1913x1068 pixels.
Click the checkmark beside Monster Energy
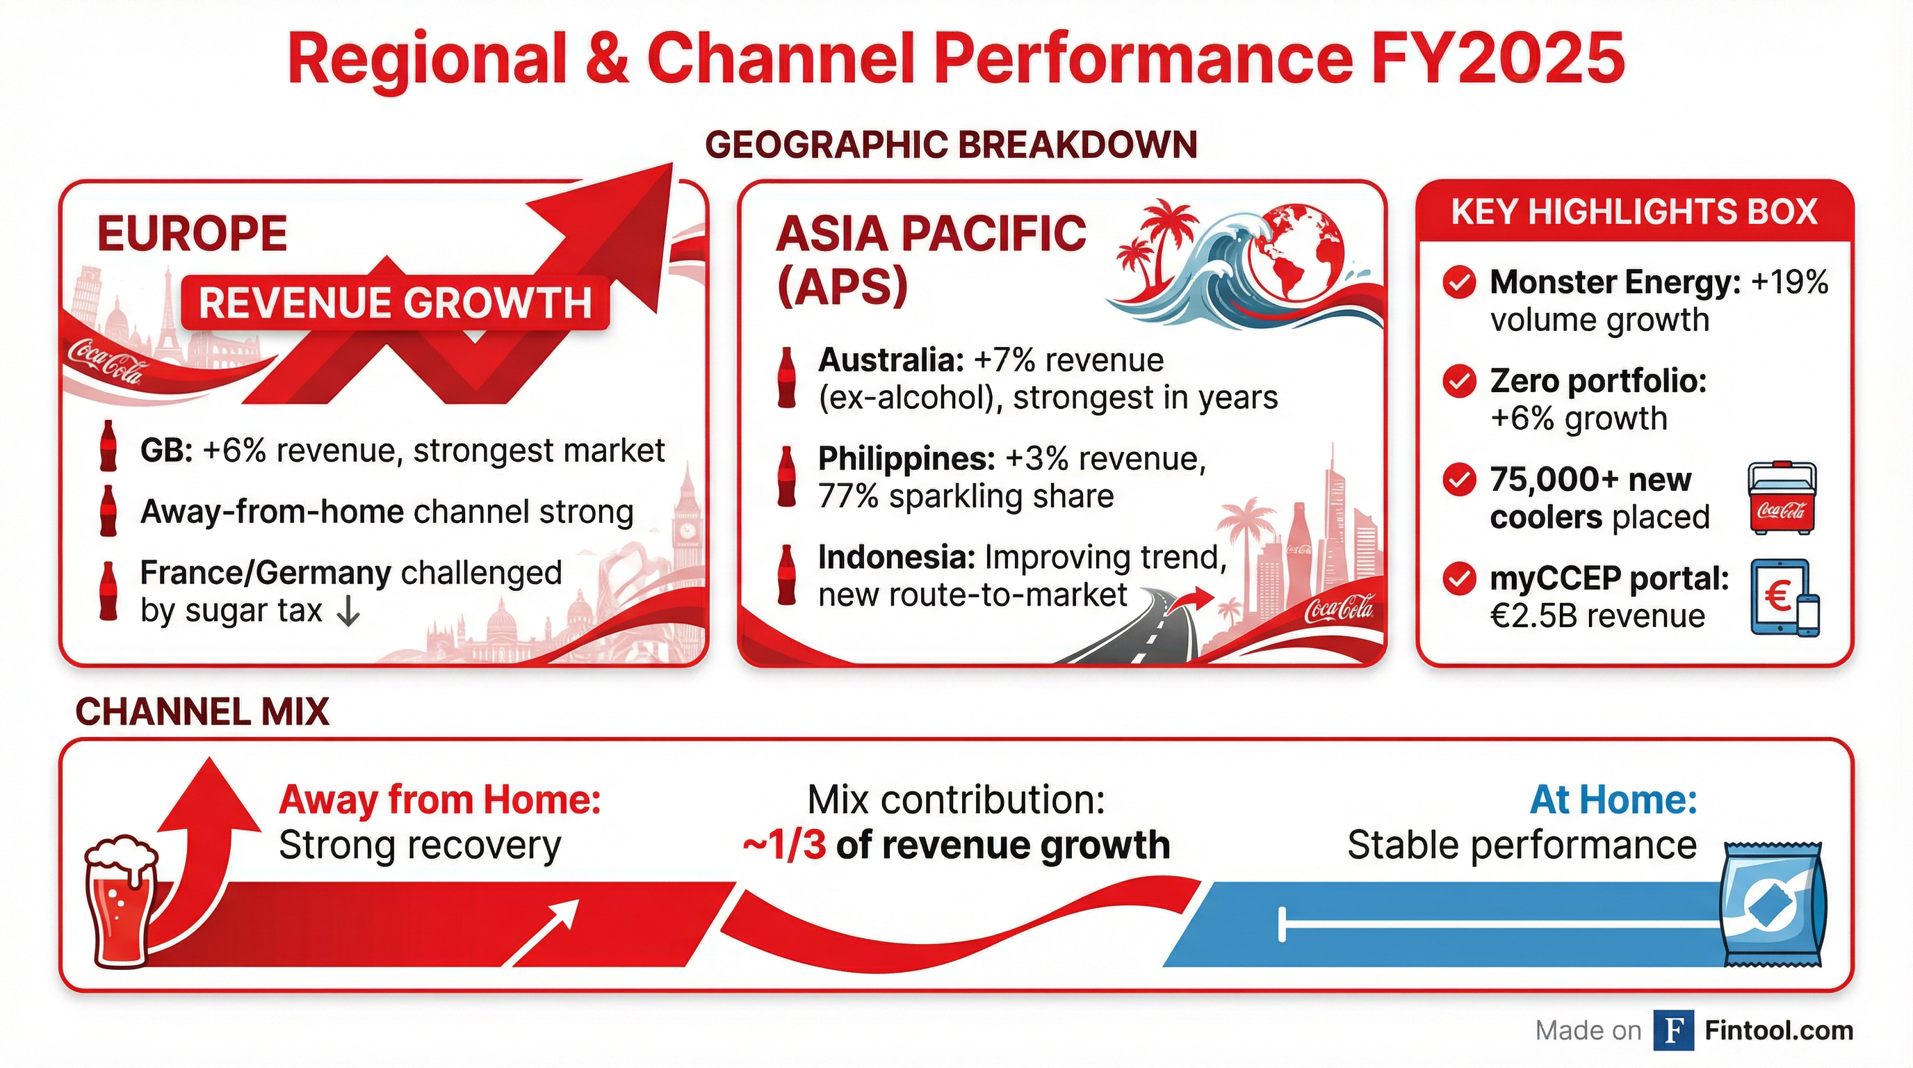point(1458,283)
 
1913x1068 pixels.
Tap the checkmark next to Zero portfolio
point(1458,382)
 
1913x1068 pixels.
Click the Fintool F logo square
point(1673,1031)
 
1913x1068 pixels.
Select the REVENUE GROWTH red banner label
point(395,303)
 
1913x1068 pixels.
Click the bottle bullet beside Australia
point(786,378)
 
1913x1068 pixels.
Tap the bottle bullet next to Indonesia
point(786,575)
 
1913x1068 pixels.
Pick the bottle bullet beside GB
point(108,446)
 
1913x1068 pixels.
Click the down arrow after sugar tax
point(348,611)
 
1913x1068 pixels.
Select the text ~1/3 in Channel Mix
point(784,845)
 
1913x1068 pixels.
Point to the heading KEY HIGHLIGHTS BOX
point(1634,212)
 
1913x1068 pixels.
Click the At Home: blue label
point(1613,800)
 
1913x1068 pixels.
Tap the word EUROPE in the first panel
point(193,233)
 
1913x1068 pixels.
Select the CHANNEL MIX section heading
point(202,711)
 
